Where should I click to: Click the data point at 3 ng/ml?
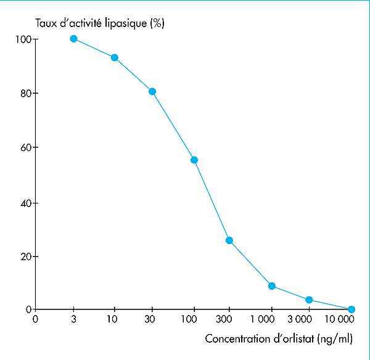tap(73, 39)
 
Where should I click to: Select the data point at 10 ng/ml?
tap(114, 57)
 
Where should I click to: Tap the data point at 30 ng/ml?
tap(152, 92)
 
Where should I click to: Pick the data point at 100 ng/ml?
tap(194, 160)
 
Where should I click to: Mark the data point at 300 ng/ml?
tap(229, 240)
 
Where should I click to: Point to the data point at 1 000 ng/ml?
tap(271, 286)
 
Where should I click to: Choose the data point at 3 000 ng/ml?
tap(309, 300)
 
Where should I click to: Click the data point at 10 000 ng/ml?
tap(351, 309)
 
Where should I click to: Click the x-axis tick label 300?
tap(229, 319)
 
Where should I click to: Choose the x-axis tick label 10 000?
tap(340, 319)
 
